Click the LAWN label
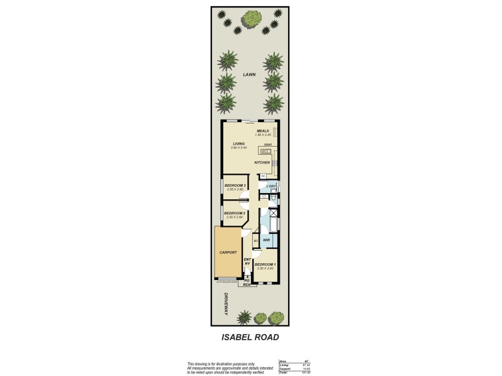250,75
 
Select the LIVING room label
238,144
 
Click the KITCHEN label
262,162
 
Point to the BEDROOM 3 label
234,185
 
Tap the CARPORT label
228,253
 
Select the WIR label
266,240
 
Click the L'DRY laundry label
271,187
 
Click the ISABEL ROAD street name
250,337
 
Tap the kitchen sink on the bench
267,152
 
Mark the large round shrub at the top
251,21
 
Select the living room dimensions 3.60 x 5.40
238,148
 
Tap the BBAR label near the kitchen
267,145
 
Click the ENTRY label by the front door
247,262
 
